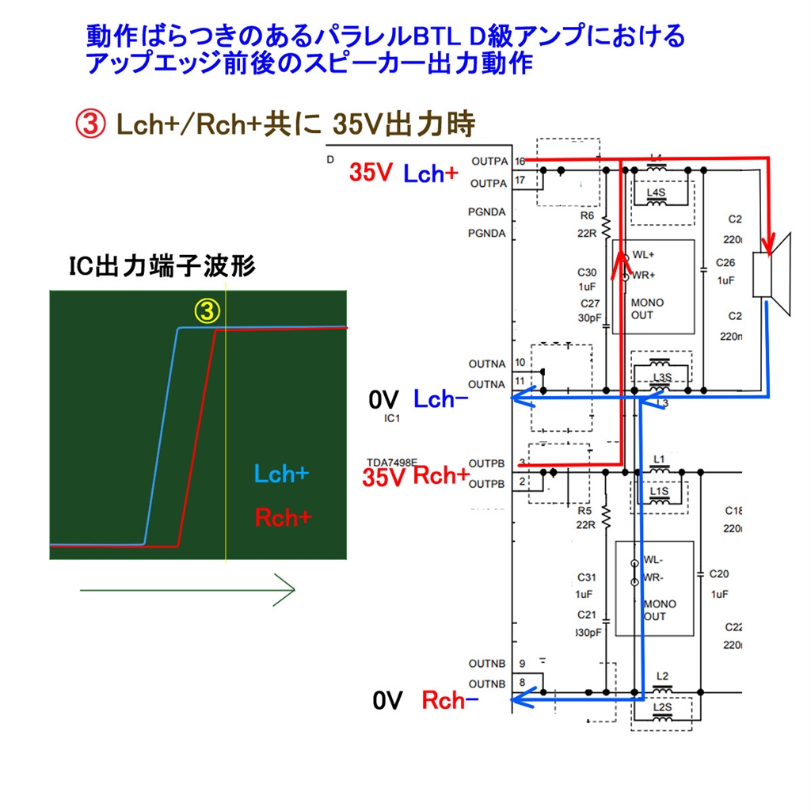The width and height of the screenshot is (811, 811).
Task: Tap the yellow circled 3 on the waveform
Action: pyautogui.click(x=208, y=313)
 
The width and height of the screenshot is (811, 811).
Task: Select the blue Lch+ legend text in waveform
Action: pyautogui.click(x=282, y=474)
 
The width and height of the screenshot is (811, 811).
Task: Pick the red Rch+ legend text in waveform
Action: pyautogui.click(x=283, y=517)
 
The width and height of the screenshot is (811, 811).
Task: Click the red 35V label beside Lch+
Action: pyautogui.click(x=371, y=174)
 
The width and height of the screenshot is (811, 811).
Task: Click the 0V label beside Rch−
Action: pyautogui.click(x=388, y=700)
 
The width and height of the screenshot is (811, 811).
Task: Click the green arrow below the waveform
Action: pyautogui.click(x=187, y=589)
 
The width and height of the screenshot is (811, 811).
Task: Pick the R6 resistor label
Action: pyautogui.click(x=587, y=215)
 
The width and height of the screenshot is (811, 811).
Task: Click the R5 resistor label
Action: pyautogui.click(x=587, y=511)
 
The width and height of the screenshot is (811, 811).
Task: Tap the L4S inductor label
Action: pyautogui.click(x=657, y=192)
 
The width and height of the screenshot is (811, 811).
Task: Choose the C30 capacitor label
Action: pyautogui.click(x=588, y=272)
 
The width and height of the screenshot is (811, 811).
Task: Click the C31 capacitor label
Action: pyautogui.click(x=584, y=577)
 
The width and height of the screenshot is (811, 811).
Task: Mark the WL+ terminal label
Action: pyautogui.click(x=644, y=255)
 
